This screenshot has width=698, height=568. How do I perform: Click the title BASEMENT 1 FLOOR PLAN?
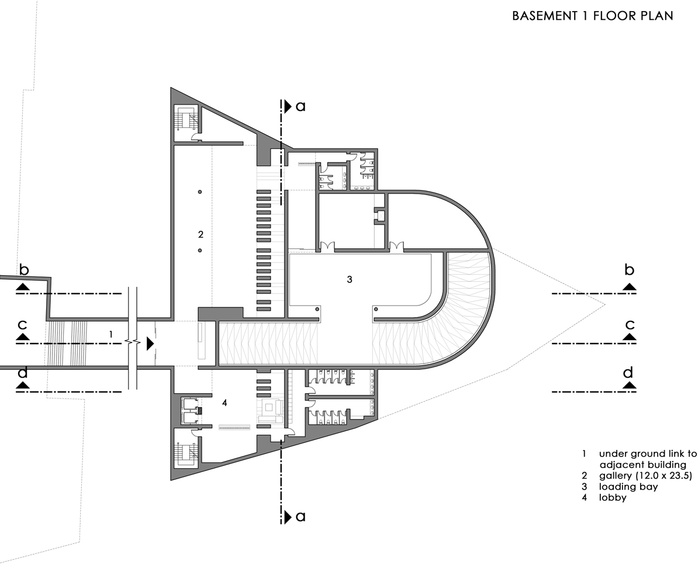coord(592,16)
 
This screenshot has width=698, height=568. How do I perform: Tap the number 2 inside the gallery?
coord(200,234)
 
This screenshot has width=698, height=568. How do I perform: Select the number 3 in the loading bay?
coord(349,279)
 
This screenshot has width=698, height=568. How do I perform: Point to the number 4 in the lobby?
coord(224,403)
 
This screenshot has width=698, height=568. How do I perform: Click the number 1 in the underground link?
coord(110,334)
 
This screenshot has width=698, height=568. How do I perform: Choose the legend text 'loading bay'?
coord(628,486)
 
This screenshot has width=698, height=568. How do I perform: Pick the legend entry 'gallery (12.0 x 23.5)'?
coord(645,476)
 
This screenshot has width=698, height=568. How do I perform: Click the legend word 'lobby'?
coord(613,497)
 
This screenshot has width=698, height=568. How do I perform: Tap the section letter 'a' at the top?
coord(300,106)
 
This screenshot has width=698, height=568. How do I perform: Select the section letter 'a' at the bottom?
coord(300,517)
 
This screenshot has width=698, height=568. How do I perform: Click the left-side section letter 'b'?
coord(23,270)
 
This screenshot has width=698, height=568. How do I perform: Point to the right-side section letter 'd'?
coord(628,372)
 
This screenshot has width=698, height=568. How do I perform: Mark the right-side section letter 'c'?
coord(629,324)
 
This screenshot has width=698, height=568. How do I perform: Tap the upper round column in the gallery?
coord(200,192)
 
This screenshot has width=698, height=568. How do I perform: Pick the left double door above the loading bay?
coord(327,246)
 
